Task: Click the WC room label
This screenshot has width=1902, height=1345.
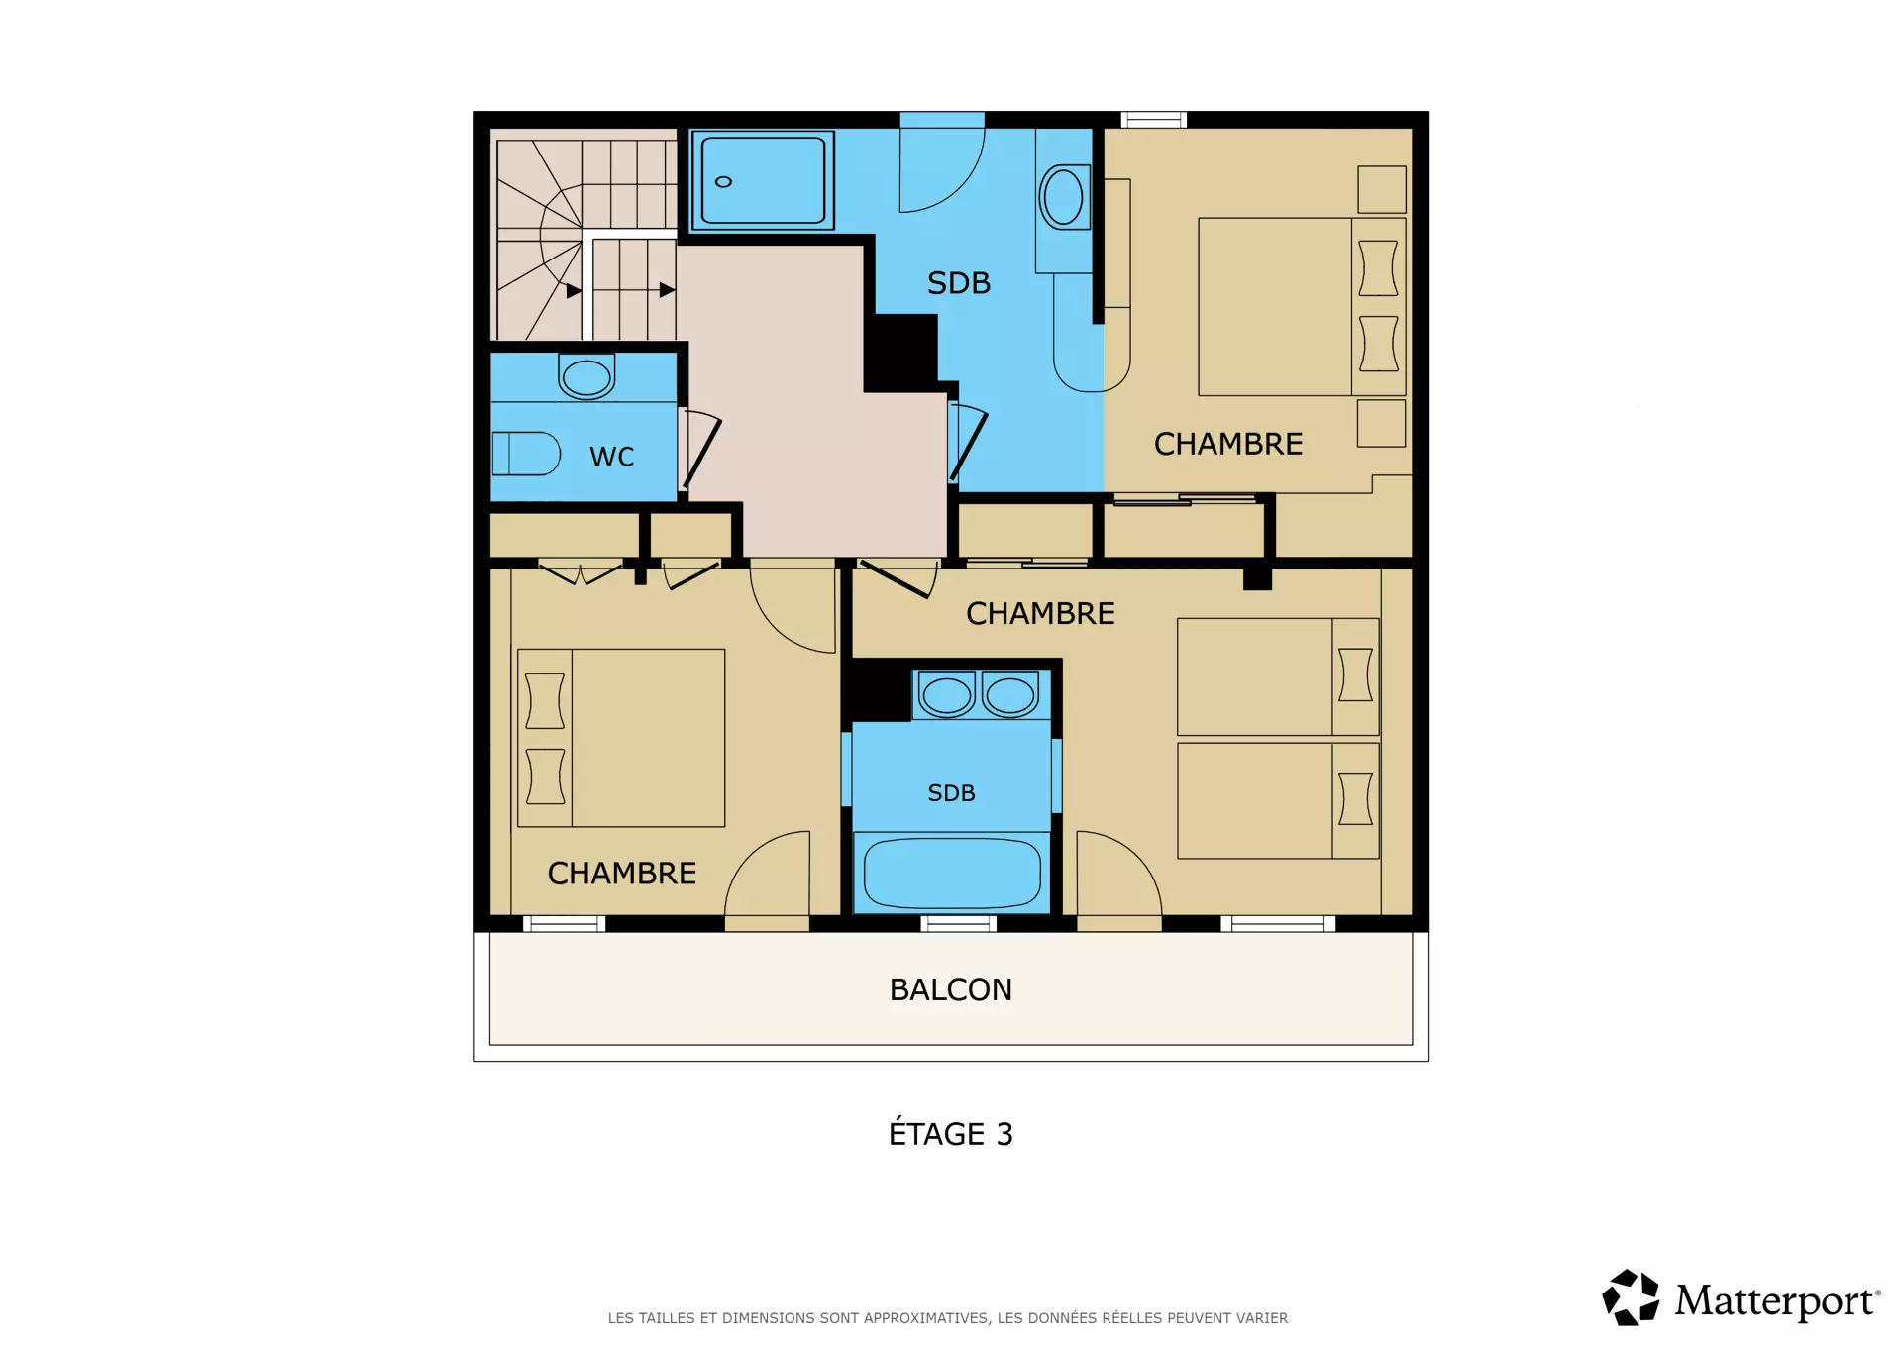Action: [611, 457]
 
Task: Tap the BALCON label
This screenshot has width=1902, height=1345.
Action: [951, 989]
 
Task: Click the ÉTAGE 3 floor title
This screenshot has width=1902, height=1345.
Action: [951, 1133]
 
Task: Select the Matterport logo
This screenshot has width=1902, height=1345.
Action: [1741, 1297]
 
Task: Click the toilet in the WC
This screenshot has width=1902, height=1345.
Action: [526, 454]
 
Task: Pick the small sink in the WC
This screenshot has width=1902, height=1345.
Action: [586, 376]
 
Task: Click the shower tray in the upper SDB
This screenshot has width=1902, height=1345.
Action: [763, 180]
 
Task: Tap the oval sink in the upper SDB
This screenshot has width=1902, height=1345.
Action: [1064, 197]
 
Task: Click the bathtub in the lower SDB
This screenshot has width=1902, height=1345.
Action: [952, 873]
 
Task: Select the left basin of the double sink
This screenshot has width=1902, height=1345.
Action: [946, 694]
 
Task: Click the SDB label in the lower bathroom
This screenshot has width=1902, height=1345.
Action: [951, 793]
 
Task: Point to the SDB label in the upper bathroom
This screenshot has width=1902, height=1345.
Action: [959, 283]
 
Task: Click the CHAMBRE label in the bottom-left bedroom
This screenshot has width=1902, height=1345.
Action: [622, 873]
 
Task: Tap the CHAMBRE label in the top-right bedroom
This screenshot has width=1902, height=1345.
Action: [1228, 444]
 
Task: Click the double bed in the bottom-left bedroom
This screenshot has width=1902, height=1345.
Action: [621, 738]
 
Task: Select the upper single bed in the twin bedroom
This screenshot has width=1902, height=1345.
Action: [1278, 676]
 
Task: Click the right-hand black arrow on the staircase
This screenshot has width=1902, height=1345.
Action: [667, 290]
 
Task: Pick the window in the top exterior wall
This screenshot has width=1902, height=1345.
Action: [1154, 120]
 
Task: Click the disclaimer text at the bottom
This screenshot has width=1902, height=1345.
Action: [948, 1318]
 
